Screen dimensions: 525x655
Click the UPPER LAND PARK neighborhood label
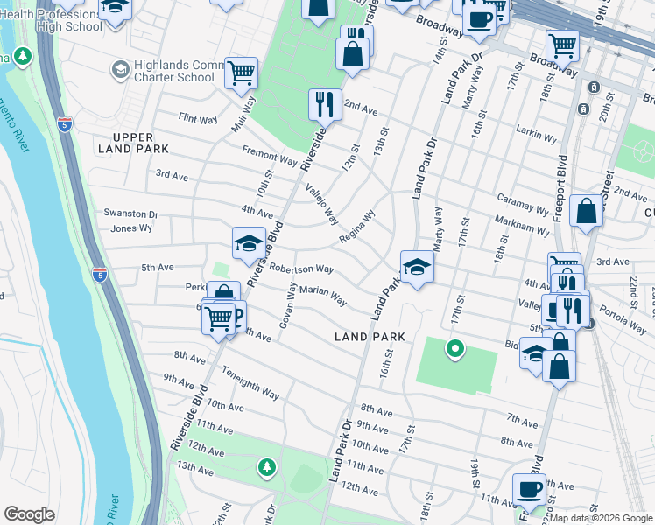click(x=133, y=143)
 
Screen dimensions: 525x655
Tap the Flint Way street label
click(x=197, y=116)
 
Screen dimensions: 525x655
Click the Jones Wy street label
click(x=131, y=227)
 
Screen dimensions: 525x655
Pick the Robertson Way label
click(x=300, y=269)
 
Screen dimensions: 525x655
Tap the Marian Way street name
click(x=322, y=294)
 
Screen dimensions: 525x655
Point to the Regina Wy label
click(x=356, y=227)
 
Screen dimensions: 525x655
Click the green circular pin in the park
click(x=454, y=350)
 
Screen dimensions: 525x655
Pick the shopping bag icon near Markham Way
click(x=586, y=210)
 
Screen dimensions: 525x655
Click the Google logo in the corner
click(x=30, y=514)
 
